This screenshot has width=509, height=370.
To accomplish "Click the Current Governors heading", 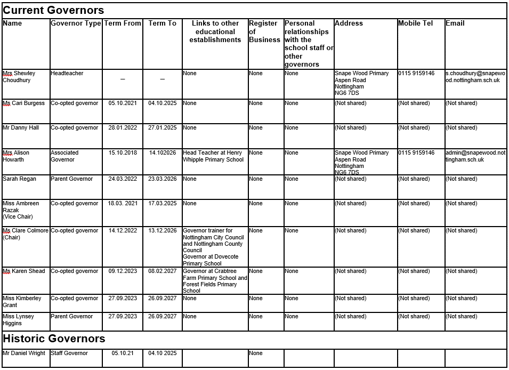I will [x=53, y=10].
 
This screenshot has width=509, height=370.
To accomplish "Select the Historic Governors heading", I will [x=54, y=339].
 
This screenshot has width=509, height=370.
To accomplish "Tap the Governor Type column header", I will [x=76, y=23].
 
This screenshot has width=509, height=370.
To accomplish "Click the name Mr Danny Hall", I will [x=21, y=128].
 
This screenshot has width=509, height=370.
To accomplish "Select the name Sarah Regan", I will [x=19, y=179].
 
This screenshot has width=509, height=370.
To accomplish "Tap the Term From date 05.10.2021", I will [x=123, y=103].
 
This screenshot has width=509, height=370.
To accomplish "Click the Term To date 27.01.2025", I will [x=162, y=128].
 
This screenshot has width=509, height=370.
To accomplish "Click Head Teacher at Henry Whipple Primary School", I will [x=213, y=156].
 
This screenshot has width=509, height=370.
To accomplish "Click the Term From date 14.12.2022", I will [x=123, y=231].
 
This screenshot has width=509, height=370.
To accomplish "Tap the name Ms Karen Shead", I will [x=24, y=271].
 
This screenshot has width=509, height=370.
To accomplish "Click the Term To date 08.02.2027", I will [x=162, y=271].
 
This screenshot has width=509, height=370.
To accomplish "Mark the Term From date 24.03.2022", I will [x=123, y=179].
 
